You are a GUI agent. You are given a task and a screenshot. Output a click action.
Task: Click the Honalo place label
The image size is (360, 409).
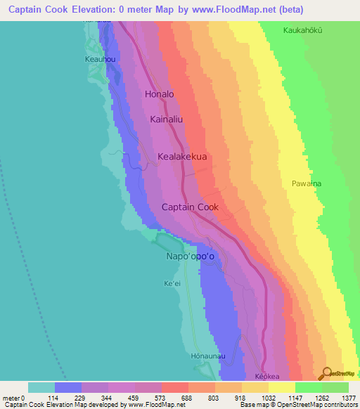pos(159,93)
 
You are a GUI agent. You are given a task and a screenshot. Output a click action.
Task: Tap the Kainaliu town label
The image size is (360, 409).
pos(167,120)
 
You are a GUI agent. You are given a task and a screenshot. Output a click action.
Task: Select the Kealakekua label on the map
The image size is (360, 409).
pos(182,157)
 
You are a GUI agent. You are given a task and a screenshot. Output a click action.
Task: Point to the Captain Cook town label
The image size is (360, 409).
pos(190,207)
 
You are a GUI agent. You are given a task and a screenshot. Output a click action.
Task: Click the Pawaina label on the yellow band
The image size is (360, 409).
pos(306,183)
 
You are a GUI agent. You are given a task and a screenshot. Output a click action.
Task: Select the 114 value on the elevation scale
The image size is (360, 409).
pos(55,398)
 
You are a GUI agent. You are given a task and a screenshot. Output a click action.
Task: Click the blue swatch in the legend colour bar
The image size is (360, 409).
pos(68,387)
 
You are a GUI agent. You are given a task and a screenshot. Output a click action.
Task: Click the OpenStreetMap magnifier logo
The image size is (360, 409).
pos(325,373)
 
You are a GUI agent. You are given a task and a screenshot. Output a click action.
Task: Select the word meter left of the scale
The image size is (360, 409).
pos(11,398)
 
